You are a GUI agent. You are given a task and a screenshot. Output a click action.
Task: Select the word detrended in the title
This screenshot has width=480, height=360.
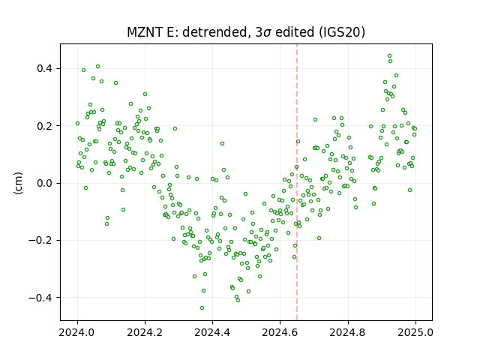tap(215, 32)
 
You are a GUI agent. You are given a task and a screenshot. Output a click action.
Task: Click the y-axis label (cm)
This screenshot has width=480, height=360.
tap(18, 183)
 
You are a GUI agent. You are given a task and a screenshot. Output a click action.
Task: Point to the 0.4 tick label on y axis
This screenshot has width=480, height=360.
tap(46, 68)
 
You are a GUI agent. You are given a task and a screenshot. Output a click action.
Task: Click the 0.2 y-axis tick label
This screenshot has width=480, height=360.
tap(46, 126)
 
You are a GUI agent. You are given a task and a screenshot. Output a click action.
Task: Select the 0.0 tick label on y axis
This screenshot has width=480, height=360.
tap(46, 183)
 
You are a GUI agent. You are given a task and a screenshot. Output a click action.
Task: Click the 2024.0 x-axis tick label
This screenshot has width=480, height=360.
tap(77, 332)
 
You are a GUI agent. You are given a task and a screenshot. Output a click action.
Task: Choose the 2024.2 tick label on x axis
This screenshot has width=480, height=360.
tap(145, 332)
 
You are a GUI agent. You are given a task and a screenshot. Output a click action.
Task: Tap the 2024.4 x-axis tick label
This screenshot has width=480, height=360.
tap(212, 332)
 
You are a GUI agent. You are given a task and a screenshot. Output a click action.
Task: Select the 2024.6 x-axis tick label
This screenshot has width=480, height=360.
tap(280, 332)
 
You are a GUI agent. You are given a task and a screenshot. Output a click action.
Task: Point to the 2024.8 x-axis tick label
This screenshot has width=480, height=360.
tap(348, 332)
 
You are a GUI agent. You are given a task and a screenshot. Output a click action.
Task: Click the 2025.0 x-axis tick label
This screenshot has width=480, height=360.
tap(415, 332)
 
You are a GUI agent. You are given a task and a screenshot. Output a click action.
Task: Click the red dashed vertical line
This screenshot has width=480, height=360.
tap(297, 182)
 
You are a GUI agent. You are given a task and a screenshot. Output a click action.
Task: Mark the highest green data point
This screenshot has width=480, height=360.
tap(389, 56)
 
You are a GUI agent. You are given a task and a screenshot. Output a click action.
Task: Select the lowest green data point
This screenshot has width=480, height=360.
tap(202, 307)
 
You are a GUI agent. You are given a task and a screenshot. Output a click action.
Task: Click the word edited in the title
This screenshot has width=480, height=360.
tap(295, 32)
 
